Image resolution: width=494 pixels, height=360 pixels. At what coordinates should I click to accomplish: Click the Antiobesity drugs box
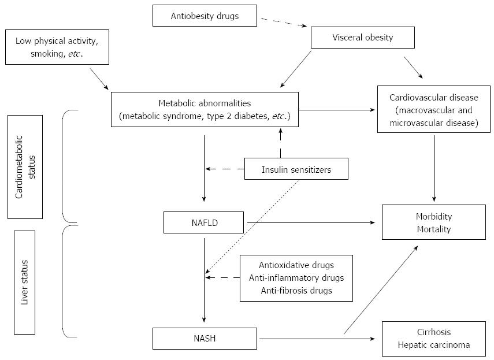coord(205,16)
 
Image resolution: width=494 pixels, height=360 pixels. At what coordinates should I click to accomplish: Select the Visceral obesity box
coord(363,38)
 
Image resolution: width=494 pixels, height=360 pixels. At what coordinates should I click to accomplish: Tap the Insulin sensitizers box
coord(296,169)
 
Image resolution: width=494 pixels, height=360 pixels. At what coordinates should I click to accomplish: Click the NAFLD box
coord(204,222)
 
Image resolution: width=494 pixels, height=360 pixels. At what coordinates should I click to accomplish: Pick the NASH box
coord(205,339)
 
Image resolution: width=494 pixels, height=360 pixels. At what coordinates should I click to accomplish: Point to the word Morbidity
coord(434,216)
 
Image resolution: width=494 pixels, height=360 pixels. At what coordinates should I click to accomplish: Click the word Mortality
coord(434,229)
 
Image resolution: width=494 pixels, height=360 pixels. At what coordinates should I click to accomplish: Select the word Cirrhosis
coord(434,332)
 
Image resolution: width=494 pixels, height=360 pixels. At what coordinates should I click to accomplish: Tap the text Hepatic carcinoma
coord(434,345)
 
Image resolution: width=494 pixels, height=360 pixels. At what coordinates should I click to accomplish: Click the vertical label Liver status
coord(25,283)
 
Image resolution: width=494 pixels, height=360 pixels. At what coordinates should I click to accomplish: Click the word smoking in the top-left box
coord(49,54)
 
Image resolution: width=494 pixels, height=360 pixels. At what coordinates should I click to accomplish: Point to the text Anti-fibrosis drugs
coord(296,290)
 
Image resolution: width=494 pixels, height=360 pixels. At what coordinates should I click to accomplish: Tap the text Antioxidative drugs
coord(296,265)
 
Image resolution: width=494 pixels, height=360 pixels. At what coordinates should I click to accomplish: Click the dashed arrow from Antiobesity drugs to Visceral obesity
coord(284,23)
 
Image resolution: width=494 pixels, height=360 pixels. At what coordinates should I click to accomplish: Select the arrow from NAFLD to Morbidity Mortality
coord(311,222)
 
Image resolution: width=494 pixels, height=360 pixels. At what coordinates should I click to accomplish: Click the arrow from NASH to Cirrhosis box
coord(317,339)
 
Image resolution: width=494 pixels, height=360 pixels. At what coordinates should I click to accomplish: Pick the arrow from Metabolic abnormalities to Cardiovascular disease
coord(337,110)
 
